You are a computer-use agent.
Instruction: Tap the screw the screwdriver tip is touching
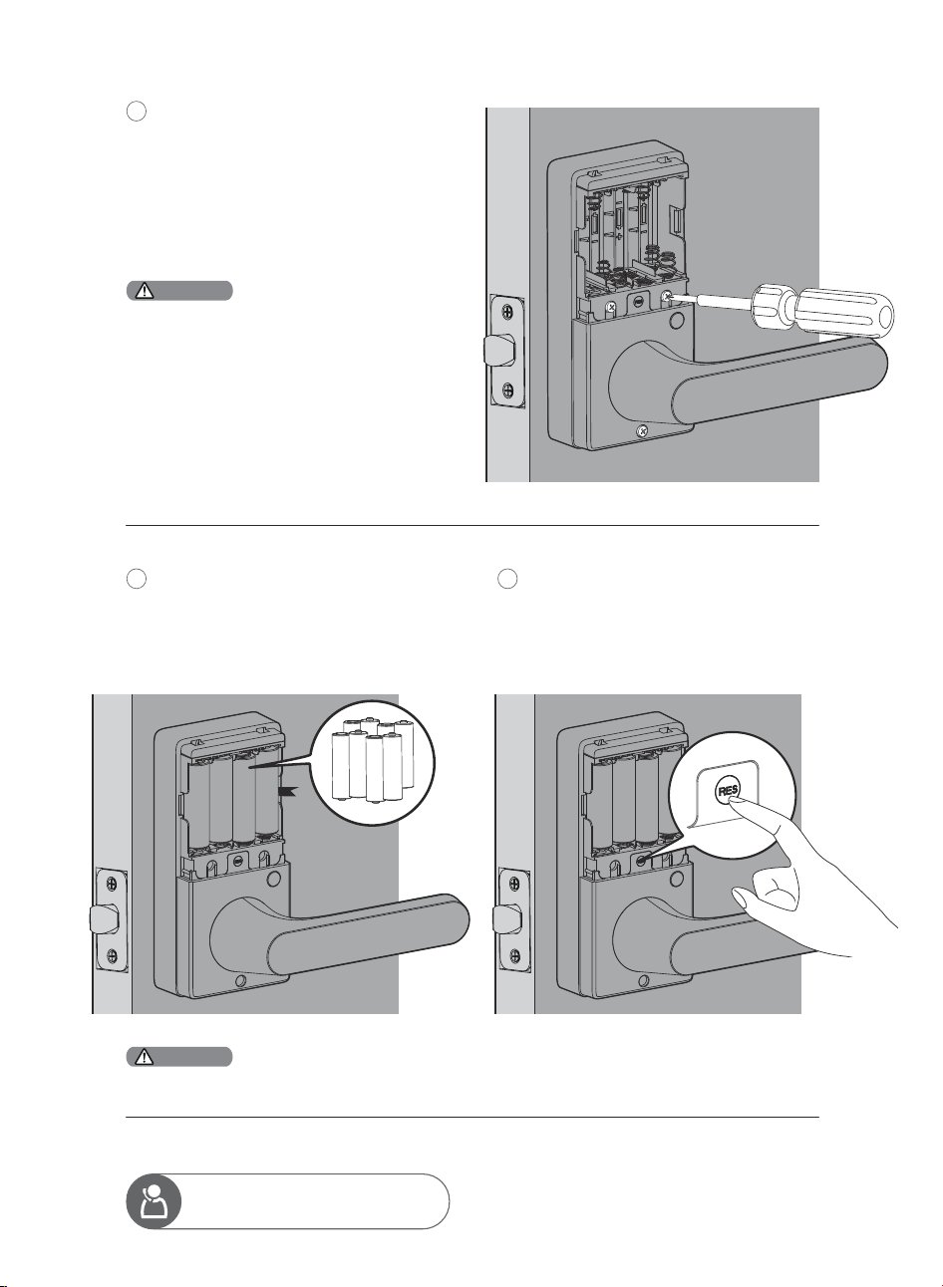click(x=668, y=297)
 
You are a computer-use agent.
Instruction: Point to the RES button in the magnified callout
click(x=729, y=791)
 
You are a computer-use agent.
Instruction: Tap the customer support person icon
click(x=154, y=1201)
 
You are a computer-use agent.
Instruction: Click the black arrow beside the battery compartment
click(x=286, y=792)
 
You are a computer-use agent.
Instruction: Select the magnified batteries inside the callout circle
click(x=374, y=760)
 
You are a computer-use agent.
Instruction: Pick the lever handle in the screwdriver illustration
click(x=748, y=380)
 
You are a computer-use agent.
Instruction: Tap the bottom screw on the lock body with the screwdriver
click(x=642, y=429)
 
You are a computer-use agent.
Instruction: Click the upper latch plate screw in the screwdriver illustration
click(x=507, y=312)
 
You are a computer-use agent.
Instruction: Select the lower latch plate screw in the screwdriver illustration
click(x=507, y=390)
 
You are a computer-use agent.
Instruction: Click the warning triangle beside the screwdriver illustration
click(x=144, y=291)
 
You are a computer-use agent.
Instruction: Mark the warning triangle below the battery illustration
click(x=144, y=1057)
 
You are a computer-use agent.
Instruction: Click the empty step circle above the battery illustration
click(x=137, y=579)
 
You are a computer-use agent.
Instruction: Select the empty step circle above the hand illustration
click(x=507, y=579)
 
